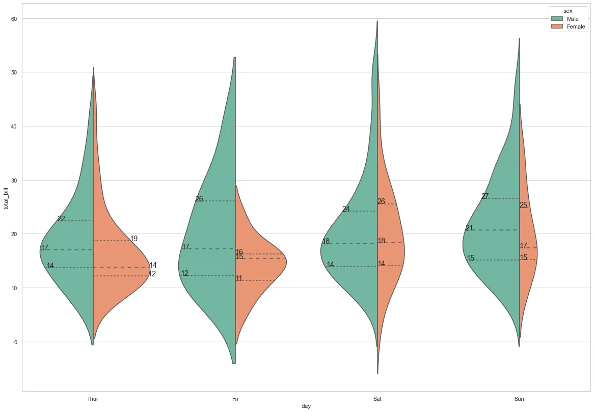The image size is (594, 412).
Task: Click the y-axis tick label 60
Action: (x=13, y=19)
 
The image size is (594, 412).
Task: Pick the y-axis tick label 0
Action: (x=15, y=342)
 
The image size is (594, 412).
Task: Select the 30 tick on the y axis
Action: (x=13, y=181)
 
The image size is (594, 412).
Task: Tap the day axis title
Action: (x=306, y=406)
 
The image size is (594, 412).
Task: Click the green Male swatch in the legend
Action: (x=557, y=19)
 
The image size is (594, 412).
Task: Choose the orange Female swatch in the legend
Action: (x=557, y=27)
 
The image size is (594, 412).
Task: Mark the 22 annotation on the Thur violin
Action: (x=61, y=219)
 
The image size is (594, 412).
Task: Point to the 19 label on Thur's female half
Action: (x=134, y=239)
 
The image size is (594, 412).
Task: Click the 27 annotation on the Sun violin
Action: (x=485, y=196)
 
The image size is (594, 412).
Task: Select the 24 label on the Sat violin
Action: (x=346, y=209)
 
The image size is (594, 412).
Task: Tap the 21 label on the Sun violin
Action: (x=469, y=228)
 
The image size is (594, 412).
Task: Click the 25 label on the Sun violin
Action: (x=524, y=205)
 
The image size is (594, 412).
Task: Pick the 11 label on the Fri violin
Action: (x=239, y=278)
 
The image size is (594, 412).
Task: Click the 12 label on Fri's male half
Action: (x=185, y=273)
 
